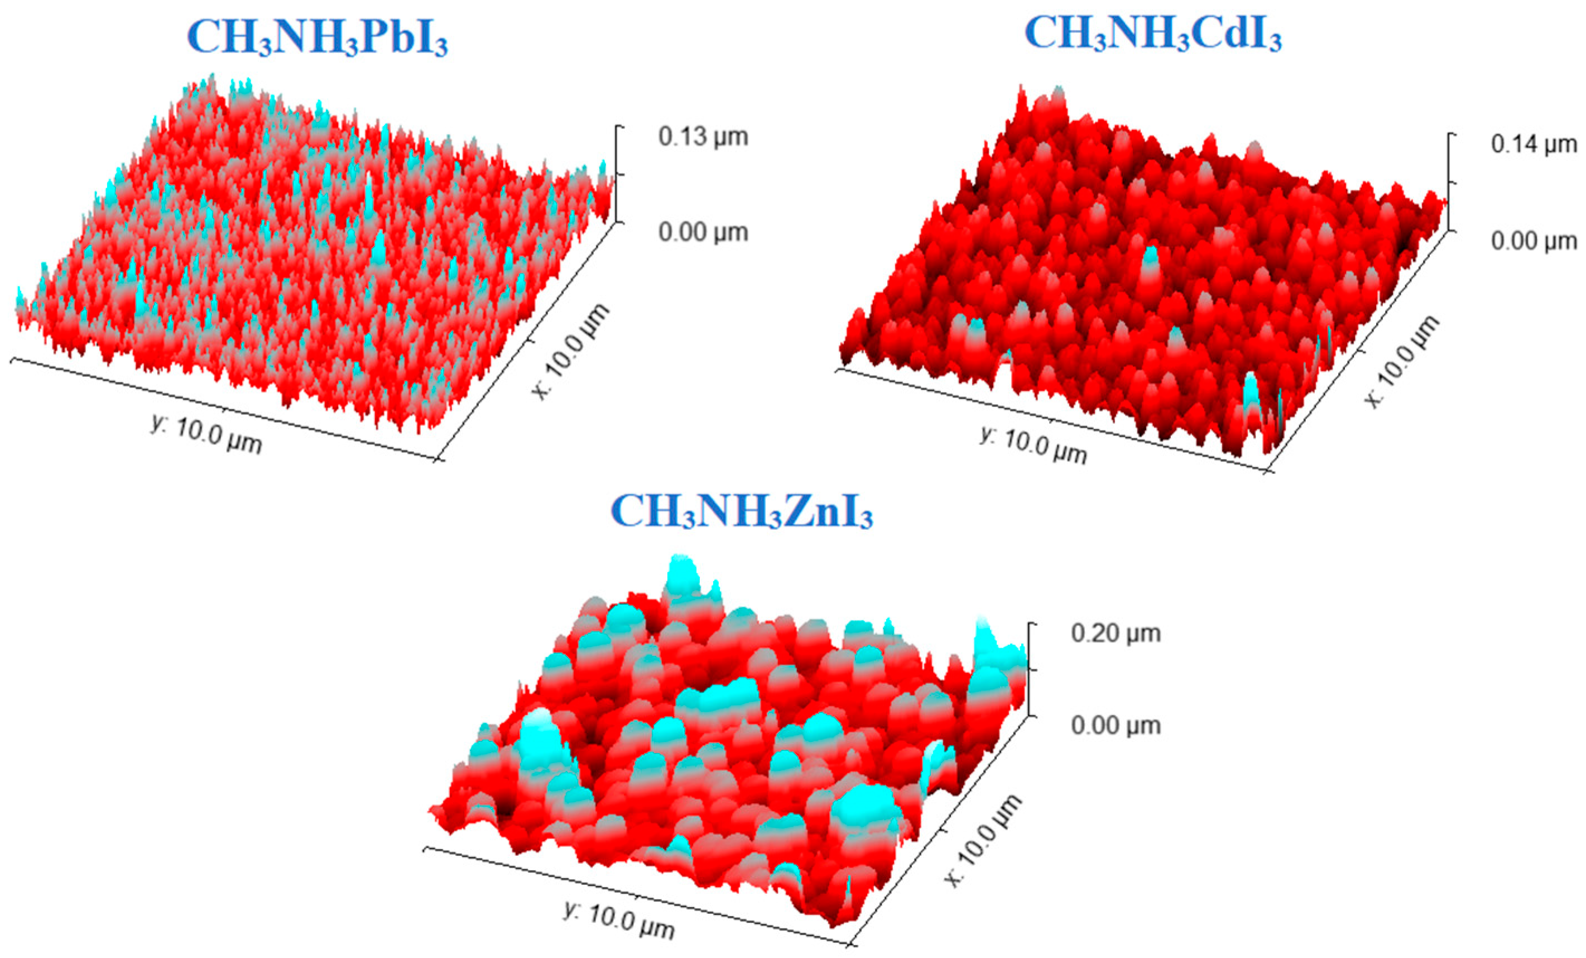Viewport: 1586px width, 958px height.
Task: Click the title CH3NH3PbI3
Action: point(318,37)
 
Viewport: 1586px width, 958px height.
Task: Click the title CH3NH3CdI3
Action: point(1153,32)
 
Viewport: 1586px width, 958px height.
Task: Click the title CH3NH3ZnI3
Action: point(742,511)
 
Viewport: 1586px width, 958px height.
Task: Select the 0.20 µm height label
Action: point(1116,634)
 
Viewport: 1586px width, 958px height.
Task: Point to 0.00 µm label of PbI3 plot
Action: point(703,232)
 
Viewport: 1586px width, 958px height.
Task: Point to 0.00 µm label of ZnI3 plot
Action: point(1116,726)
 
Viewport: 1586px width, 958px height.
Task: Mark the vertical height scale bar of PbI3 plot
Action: point(617,174)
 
